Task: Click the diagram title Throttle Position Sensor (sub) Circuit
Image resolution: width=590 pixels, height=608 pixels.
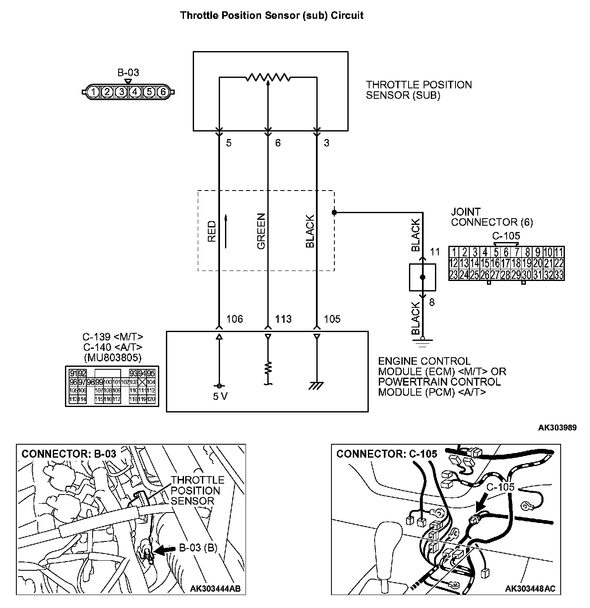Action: pyautogui.click(x=272, y=16)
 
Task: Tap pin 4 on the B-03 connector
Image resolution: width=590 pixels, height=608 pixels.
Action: pyautogui.click(x=135, y=91)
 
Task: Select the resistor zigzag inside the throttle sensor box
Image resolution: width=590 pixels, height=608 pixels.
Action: pyautogui.click(x=268, y=77)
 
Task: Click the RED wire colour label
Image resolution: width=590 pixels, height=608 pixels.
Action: pyautogui.click(x=212, y=231)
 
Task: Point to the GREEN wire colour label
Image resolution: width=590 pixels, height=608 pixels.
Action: pyautogui.click(x=261, y=231)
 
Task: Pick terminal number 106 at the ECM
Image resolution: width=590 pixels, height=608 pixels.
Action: pyautogui.click(x=234, y=319)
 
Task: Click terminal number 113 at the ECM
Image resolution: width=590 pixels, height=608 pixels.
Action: pyautogui.click(x=283, y=319)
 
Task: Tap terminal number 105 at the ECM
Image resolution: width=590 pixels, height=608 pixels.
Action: pyautogui.click(x=332, y=319)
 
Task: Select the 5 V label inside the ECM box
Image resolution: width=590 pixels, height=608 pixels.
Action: pyautogui.click(x=220, y=396)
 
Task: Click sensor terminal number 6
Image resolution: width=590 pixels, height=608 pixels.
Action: pyautogui.click(x=278, y=143)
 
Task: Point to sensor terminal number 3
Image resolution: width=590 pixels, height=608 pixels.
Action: pyautogui.click(x=326, y=143)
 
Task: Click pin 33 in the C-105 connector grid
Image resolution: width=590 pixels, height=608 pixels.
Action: pyautogui.click(x=559, y=275)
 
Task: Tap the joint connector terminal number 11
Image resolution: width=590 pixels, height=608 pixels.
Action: pyautogui.click(x=435, y=252)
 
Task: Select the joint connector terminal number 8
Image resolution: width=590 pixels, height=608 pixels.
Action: pyautogui.click(x=432, y=302)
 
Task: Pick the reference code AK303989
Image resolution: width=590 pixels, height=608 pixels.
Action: pyautogui.click(x=557, y=428)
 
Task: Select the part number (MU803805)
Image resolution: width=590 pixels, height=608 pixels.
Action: pyautogui.click(x=112, y=358)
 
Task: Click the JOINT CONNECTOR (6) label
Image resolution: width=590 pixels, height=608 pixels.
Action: pyautogui.click(x=492, y=217)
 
